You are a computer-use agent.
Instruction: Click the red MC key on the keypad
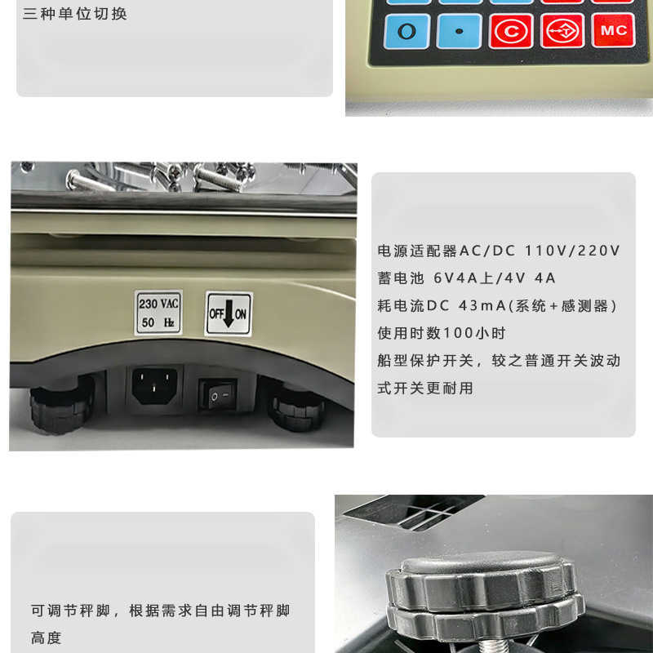[x=613, y=30]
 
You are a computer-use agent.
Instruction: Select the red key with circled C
[x=511, y=31]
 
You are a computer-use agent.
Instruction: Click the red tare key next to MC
[x=562, y=31]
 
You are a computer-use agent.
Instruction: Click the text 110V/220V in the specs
[x=572, y=251]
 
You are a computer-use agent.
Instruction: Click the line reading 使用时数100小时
[x=442, y=333]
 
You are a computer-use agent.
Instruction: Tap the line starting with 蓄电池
[x=466, y=278]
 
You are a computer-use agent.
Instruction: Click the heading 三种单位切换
[x=75, y=14]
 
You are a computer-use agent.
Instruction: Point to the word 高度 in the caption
[x=47, y=637]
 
